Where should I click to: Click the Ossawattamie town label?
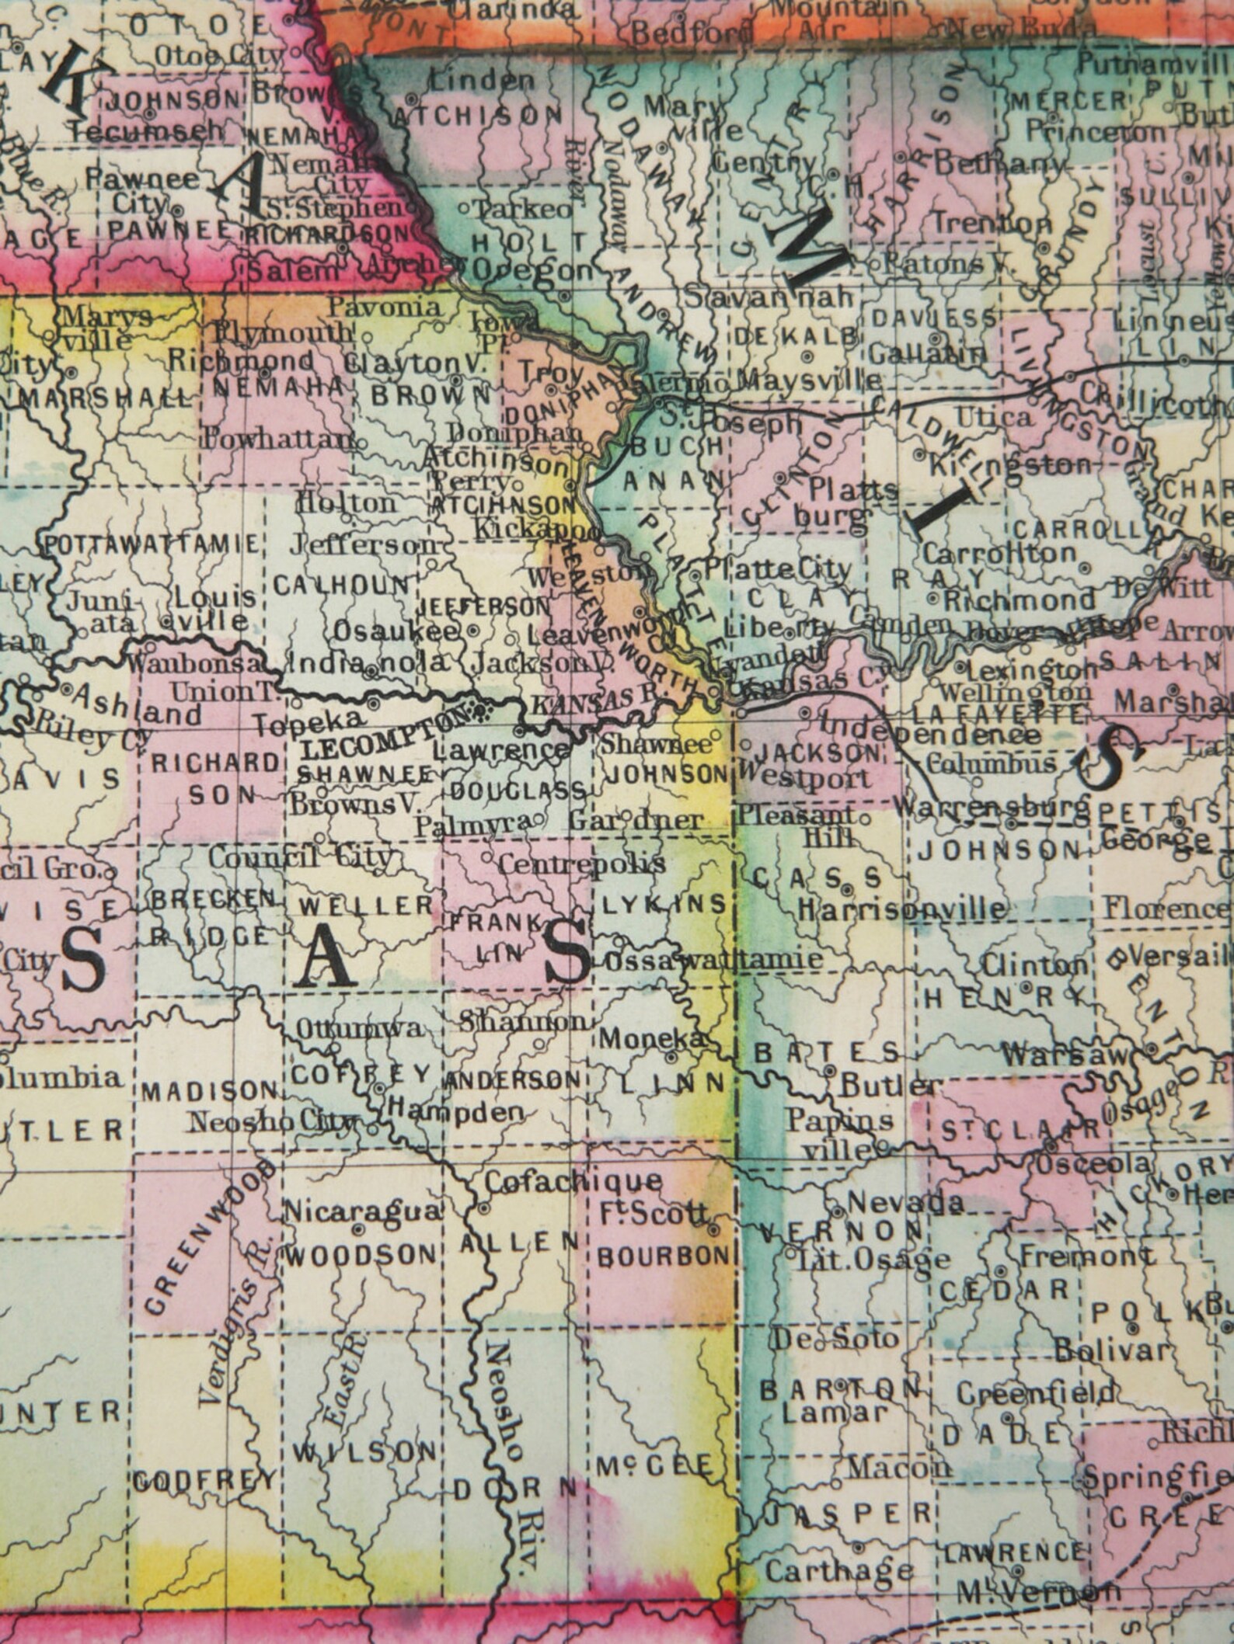click(x=712, y=960)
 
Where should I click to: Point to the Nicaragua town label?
click(x=363, y=1211)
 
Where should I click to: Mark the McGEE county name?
click(x=654, y=1465)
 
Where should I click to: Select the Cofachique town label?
click(x=573, y=1181)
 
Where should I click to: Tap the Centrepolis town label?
click(x=581, y=863)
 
